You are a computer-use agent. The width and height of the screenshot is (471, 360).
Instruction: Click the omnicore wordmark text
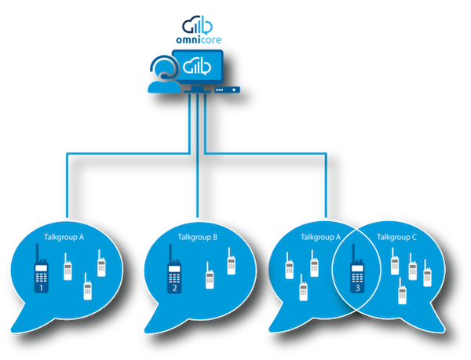pos(199,40)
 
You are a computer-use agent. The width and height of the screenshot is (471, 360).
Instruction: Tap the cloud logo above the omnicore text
pos(198,25)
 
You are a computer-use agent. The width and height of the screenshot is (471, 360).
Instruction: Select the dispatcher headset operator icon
pos(164,74)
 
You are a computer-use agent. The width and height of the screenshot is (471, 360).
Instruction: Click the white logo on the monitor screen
pos(197,67)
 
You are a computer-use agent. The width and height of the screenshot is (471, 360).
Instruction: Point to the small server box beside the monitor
pos(228,89)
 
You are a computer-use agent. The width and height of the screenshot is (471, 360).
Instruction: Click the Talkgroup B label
pos(197,238)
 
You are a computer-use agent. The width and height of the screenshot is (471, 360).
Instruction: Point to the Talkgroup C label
pos(396,238)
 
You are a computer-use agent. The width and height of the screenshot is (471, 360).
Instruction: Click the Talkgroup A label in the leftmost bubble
pos(64,238)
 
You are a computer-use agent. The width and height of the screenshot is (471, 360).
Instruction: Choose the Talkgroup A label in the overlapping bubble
pos(320,238)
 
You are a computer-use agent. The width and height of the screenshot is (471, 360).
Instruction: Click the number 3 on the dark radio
pos(357,288)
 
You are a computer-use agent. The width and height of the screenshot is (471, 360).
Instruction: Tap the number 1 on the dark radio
pos(42,289)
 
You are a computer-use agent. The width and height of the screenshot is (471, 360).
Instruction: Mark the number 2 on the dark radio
pos(174,289)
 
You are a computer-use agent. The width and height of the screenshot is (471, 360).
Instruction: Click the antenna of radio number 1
pos(38,253)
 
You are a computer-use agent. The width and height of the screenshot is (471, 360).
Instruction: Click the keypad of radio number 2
pos(174,278)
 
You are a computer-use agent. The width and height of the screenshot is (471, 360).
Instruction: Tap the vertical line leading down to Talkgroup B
pos(197,155)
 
